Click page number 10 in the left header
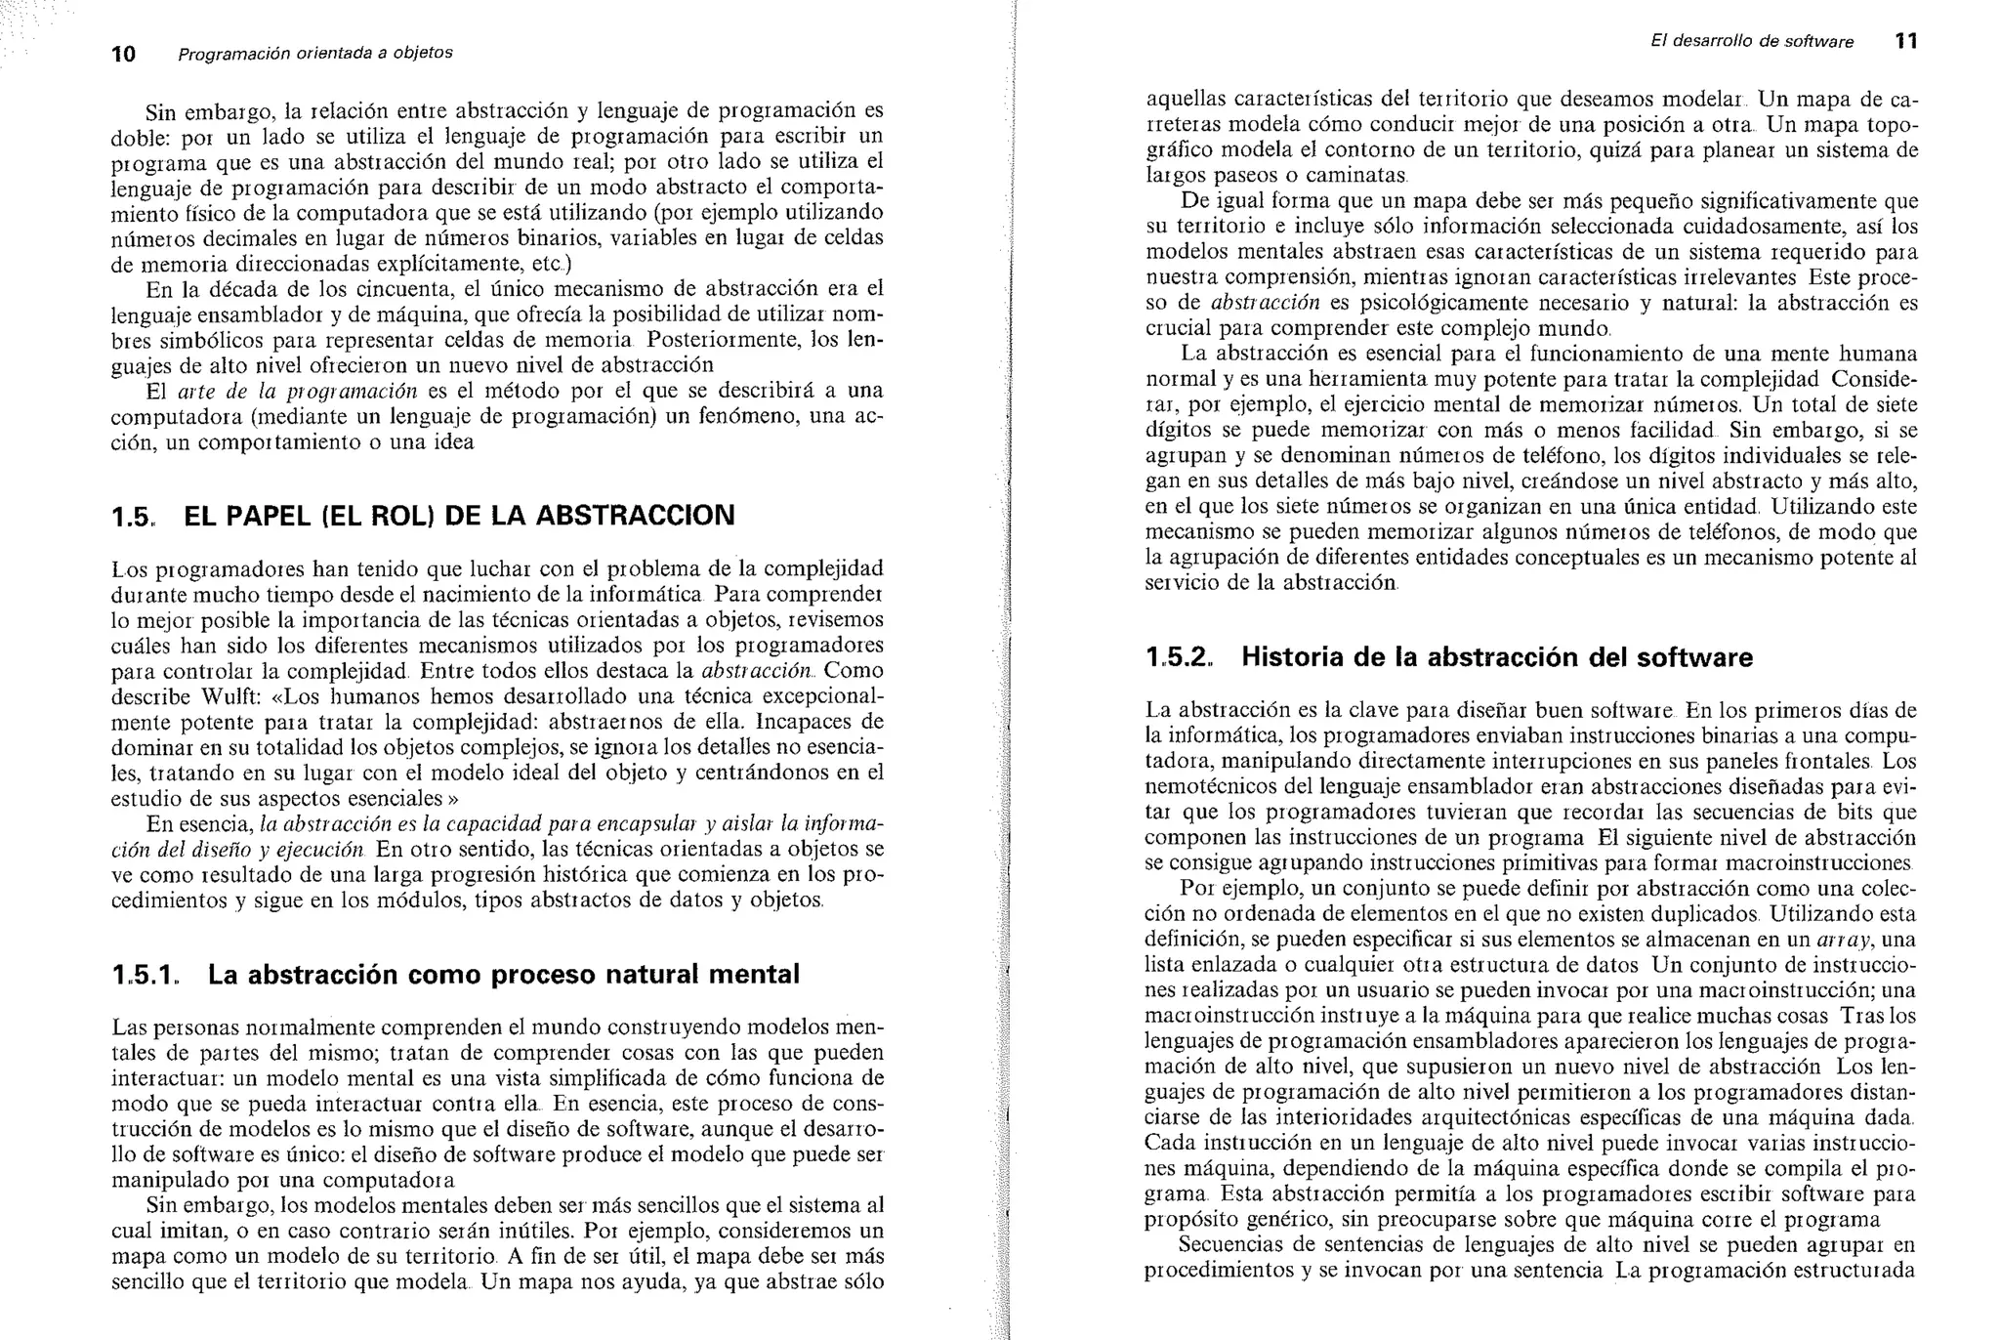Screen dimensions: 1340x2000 point(123,54)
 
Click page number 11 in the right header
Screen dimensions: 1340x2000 point(1905,42)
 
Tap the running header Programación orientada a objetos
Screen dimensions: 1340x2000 point(314,53)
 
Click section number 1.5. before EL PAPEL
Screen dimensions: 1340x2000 point(133,516)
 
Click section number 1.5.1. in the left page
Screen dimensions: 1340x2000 point(146,975)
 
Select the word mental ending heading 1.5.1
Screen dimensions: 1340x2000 point(753,975)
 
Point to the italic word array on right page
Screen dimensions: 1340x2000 point(1842,941)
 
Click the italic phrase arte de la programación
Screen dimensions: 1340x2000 point(297,392)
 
